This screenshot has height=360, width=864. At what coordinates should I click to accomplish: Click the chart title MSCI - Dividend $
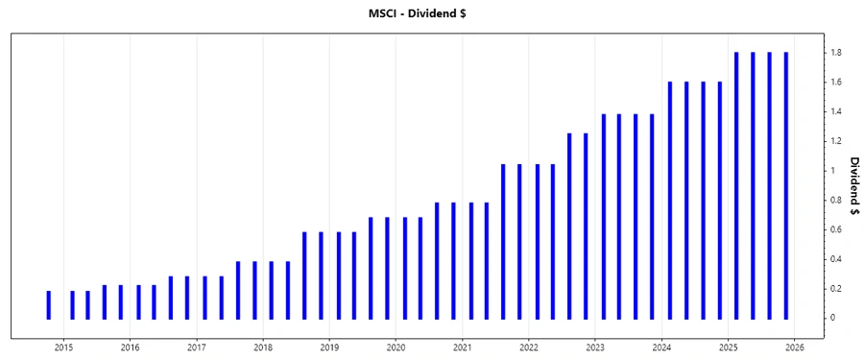pos(431,12)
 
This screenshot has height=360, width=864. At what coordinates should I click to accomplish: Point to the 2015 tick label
pos(63,348)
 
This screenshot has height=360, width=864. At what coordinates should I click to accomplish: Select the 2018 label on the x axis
pos(263,348)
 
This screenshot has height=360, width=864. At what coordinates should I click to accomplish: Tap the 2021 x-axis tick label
pos(462,348)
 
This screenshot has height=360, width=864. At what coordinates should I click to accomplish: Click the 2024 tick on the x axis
pos(661,348)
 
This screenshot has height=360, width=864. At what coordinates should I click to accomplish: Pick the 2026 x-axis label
pos(795,348)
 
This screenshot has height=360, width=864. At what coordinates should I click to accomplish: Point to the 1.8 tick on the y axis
pos(837,53)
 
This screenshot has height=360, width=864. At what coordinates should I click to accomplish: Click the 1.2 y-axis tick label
pos(837,141)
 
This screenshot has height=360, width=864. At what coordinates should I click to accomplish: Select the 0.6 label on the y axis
pos(837,229)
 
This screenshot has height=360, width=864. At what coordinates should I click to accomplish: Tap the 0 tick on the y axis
pos(833,318)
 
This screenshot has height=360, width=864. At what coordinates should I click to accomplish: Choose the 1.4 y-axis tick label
pos(837,112)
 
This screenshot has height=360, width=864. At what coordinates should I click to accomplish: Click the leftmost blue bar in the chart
pos(48,304)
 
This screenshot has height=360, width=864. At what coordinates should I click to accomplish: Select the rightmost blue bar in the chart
pos(785,185)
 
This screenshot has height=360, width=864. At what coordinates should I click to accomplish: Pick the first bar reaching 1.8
pos(736,185)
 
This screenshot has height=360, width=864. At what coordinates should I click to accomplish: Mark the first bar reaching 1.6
pos(670,200)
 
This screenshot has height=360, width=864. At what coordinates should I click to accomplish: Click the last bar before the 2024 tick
pos(653,216)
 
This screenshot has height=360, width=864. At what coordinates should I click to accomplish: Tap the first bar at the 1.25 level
pos(569,226)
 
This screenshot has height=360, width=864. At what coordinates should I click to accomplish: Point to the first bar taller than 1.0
pos(503,241)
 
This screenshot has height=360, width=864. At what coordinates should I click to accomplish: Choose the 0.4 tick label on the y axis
pos(837,259)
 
